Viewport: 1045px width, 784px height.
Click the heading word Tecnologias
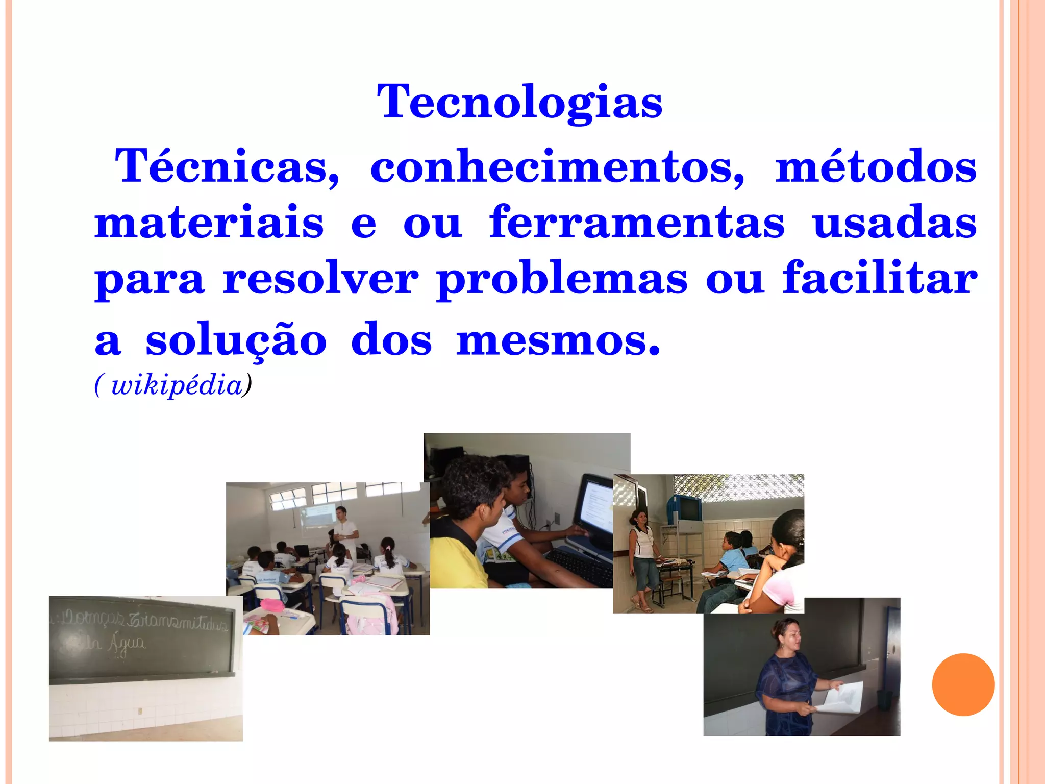pos(519,102)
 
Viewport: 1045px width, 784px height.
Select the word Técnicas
pos(227,166)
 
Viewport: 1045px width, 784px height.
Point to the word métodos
pos(876,166)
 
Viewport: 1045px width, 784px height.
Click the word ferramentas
pos(637,222)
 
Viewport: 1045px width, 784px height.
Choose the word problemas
pos(562,280)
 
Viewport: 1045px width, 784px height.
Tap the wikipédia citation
pos(173,385)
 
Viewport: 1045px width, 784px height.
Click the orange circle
pos(963,684)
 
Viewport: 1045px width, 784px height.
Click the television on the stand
pos(684,508)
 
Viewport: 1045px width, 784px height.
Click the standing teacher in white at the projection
pos(345,531)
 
